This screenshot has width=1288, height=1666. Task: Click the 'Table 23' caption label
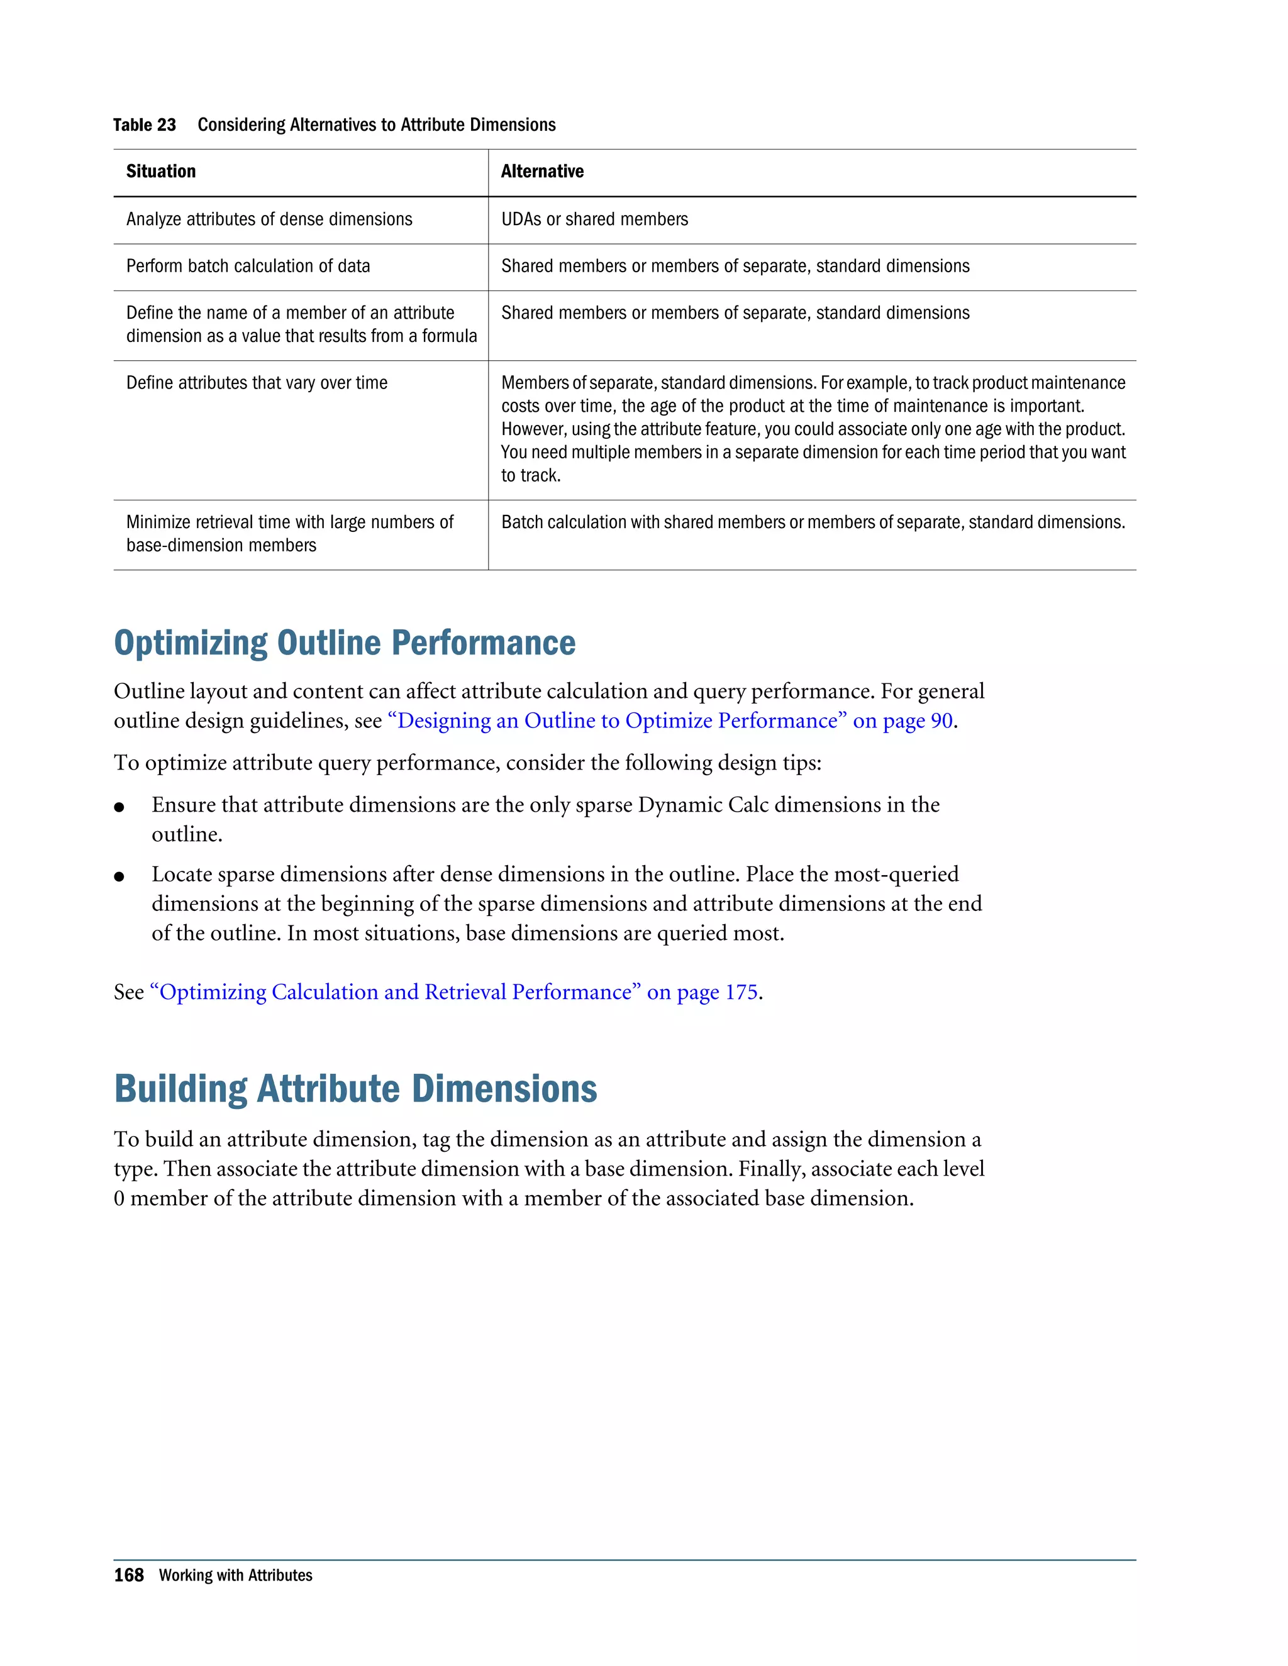[x=144, y=125]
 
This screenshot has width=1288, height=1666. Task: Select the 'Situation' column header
[x=161, y=172]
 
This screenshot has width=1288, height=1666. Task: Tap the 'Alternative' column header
[x=541, y=172]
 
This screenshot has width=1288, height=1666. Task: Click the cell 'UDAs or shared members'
[x=594, y=219]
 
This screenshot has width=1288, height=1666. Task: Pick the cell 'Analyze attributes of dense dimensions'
[x=269, y=219]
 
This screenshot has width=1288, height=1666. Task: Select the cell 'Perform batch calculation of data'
[x=248, y=266]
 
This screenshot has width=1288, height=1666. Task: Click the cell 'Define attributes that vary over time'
[x=257, y=383]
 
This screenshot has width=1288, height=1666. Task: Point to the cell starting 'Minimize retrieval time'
[x=289, y=533]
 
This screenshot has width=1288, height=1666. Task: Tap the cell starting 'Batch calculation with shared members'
[x=813, y=522]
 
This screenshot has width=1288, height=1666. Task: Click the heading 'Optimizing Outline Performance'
[x=344, y=643]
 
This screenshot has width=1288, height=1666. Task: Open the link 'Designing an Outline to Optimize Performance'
[x=616, y=721]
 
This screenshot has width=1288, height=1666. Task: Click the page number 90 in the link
[x=941, y=721]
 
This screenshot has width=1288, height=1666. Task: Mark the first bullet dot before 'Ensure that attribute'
[x=119, y=807]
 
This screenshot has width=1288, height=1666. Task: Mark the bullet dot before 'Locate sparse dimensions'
[x=119, y=876]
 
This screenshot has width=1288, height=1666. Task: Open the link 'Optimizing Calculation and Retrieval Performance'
[x=394, y=993]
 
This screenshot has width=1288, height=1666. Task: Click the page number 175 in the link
[x=741, y=993]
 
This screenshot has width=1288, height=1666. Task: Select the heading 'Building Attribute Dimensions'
[x=355, y=1090]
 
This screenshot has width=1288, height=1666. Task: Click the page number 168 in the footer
[x=128, y=1575]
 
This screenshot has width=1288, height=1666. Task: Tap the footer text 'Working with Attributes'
[x=235, y=1575]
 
